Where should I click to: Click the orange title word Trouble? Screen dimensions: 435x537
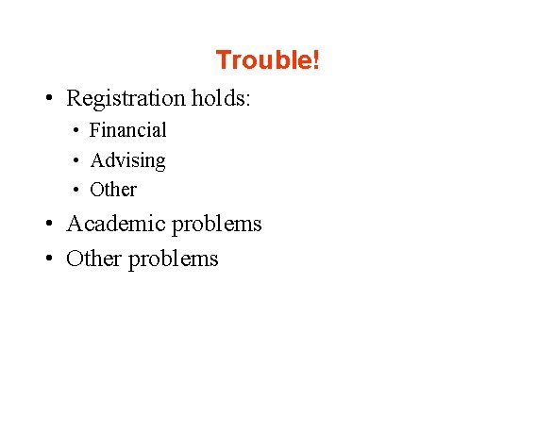pos(268,60)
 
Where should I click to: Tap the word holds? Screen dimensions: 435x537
pos(221,98)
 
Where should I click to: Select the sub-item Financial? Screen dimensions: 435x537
pos(127,130)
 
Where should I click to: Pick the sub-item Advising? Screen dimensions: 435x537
pos(127,160)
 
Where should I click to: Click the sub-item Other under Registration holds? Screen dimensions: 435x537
pos(113,190)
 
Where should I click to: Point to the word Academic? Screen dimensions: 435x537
pos(110,225)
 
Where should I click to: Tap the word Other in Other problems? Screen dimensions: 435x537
pos(92,259)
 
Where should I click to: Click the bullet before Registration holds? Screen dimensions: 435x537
pos(46,99)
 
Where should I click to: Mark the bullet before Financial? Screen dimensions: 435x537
pos(76,131)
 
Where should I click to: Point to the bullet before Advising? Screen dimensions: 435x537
pos(76,161)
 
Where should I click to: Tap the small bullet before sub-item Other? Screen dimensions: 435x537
pos(76,191)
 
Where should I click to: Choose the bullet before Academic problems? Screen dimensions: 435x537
pos(46,226)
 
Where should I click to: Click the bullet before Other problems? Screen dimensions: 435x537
pos(46,259)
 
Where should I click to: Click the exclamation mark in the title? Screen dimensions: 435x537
pos(316,60)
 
